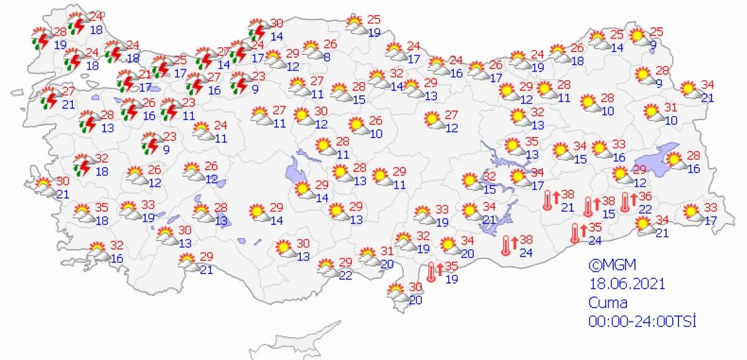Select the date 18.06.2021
pos(627,283)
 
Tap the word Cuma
pos(608,303)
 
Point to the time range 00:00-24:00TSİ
pos(642,321)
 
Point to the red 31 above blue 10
pos(670,107)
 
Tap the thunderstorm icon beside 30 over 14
pos(257,29)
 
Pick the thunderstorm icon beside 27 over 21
pos(50,98)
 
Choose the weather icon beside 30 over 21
pos(44,186)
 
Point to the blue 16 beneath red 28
pos(694,168)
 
